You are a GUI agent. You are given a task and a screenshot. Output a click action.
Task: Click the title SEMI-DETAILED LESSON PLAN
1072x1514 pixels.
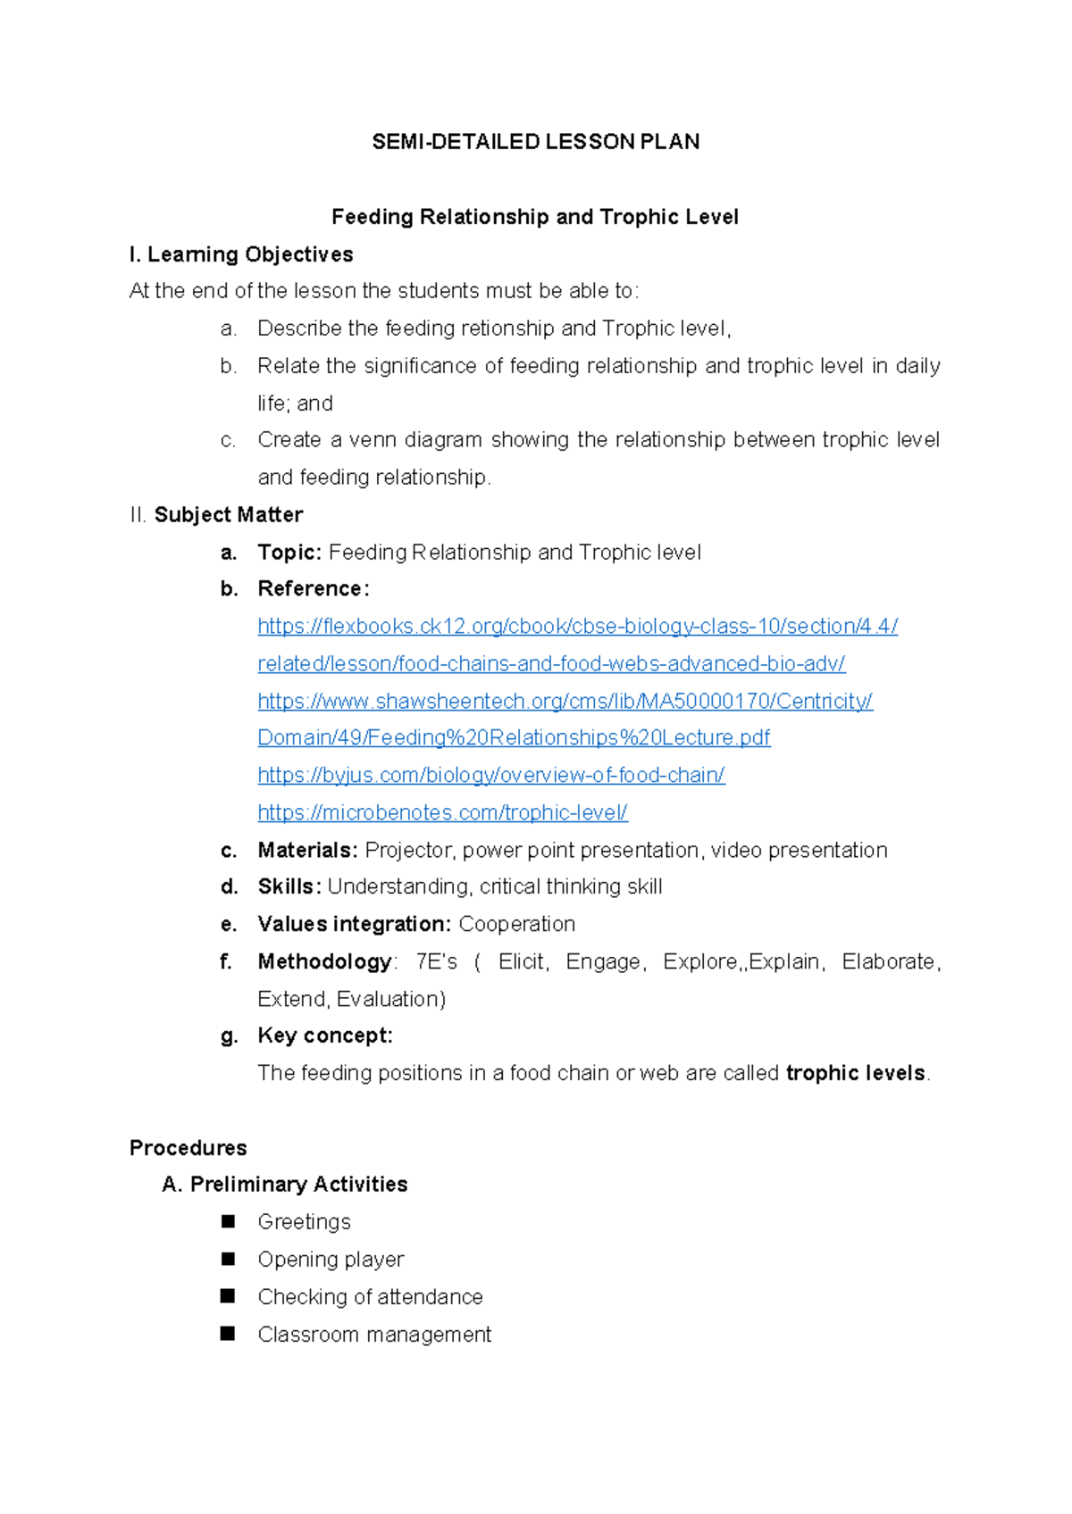point(535,142)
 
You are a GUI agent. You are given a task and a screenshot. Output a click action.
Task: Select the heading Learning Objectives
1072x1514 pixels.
point(249,254)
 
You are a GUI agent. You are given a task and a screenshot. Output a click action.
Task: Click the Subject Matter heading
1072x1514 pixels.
point(228,515)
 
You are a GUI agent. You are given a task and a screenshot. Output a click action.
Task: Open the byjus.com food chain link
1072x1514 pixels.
point(490,775)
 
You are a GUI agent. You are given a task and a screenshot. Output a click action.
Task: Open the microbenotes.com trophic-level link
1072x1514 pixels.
point(442,812)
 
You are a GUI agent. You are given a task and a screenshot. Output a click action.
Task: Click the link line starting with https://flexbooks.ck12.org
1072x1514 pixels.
point(577,627)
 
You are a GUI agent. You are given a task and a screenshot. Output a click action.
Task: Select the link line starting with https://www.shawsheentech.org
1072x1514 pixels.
point(565,701)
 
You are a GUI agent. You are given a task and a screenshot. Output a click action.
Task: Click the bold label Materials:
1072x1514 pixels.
point(307,850)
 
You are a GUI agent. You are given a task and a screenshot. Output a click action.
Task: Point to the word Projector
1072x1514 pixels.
point(410,850)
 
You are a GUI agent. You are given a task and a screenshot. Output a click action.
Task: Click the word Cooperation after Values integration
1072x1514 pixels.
point(516,924)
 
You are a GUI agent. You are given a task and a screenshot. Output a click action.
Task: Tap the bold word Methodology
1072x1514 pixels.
point(324,961)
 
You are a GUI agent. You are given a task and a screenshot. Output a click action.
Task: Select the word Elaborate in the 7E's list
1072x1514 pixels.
point(888,961)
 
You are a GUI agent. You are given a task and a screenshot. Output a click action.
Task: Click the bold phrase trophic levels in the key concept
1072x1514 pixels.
point(855,1073)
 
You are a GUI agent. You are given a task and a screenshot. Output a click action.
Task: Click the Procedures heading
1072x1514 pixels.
point(188,1148)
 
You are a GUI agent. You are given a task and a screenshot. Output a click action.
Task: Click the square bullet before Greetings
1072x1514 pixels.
point(228,1221)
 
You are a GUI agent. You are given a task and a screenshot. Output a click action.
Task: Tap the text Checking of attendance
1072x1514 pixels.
point(370,1296)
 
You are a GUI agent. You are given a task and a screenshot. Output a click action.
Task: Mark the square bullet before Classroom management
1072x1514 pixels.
point(228,1334)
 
